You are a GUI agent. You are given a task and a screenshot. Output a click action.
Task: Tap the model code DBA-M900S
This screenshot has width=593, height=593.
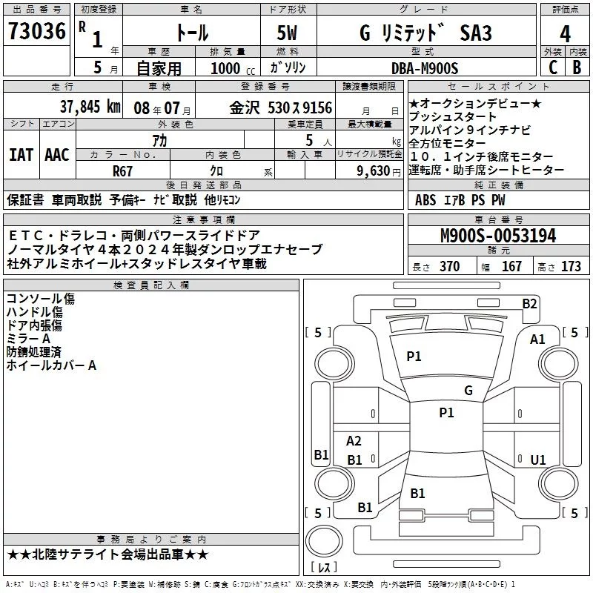coord(425,68)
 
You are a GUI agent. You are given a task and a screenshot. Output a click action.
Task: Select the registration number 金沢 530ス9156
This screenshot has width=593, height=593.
coord(281,107)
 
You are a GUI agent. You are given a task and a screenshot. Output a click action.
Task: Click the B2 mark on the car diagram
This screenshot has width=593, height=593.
coord(529,303)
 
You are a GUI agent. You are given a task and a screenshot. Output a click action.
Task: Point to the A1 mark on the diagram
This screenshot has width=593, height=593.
coord(537,339)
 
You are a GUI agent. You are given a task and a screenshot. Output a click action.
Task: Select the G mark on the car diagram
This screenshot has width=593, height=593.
coord(468,391)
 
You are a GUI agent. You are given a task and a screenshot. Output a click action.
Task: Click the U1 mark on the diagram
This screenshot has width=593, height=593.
coord(538,460)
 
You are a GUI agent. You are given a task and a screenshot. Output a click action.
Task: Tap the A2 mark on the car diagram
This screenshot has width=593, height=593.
coord(354,441)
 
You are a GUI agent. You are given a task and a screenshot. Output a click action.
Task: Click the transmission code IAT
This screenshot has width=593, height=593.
coord(21,155)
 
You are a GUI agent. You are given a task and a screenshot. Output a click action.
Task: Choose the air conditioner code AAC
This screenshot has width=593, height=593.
coord(57,155)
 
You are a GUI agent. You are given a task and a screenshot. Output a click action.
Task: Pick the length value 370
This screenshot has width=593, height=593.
coord(449,267)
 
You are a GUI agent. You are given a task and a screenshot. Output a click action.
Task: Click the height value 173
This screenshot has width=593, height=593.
coord(572,267)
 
